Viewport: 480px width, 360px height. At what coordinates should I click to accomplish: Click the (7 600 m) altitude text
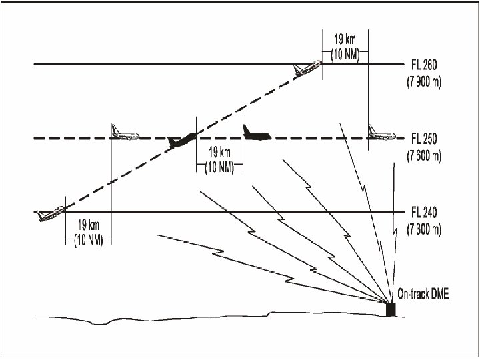[x=427, y=157]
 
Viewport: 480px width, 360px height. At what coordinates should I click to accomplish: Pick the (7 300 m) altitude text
[x=427, y=230]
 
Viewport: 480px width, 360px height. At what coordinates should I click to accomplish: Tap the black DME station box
[x=391, y=309]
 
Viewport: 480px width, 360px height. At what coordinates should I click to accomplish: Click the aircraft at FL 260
[x=307, y=67]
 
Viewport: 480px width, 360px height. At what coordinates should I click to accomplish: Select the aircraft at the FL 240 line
[x=51, y=213]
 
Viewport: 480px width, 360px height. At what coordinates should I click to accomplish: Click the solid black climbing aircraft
[x=182, y=140]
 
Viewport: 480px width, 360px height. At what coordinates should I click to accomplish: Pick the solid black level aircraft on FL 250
[x=256, y=133]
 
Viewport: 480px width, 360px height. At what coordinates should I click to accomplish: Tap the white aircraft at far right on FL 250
[x=381, y=133]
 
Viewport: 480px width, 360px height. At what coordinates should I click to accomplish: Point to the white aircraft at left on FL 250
[x=125, y=133]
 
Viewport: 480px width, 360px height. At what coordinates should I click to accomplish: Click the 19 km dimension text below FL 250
[x=219, y=152]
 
